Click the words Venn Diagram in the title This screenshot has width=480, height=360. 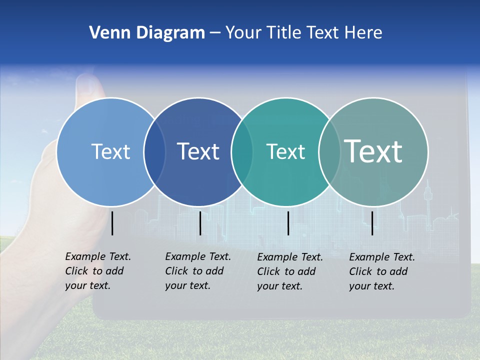(147, 33)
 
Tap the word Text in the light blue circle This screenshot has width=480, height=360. (110, 151)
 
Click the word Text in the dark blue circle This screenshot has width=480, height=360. (198, 151)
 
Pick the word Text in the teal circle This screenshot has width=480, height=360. (285, 151)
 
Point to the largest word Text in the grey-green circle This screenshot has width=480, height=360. (373, 151)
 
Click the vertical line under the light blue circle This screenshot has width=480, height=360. (112, 223)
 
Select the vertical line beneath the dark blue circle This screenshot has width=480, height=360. (200, 223)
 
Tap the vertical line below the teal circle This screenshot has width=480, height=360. (288, 223)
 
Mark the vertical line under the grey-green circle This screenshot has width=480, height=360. (372, 223)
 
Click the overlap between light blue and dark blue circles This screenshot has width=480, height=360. (154, 151)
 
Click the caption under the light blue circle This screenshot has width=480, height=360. (97, 271)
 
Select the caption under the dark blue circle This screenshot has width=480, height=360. (197, 271)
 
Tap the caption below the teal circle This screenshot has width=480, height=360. (289, 271)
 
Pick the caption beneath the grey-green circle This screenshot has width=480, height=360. (381, 271)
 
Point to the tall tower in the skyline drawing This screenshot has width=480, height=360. (428, 197)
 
